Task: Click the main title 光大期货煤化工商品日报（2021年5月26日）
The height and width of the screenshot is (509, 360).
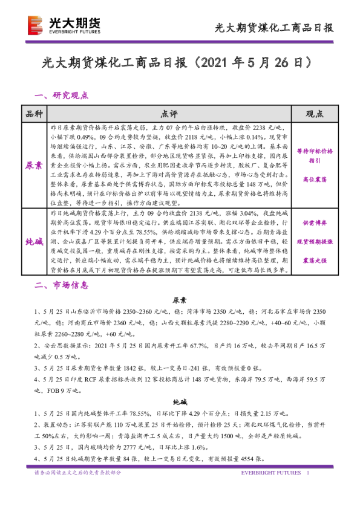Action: [x=180, y=62]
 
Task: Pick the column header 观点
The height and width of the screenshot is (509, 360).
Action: [x=314, y=114]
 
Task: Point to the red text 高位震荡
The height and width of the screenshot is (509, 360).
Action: [x=314, y=180]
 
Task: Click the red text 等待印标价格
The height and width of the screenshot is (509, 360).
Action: [x=314, y=151]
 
